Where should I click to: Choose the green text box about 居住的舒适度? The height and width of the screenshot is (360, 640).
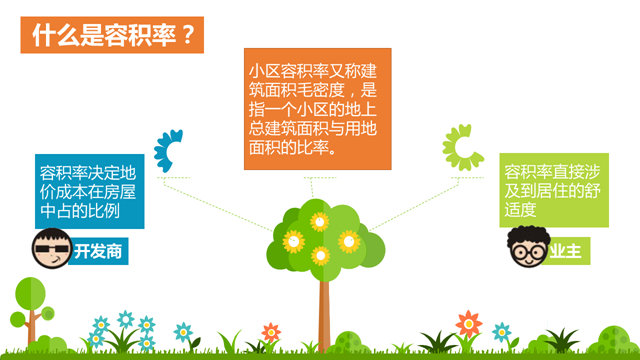(x=554, y=190)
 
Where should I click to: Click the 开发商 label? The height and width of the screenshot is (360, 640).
(x=99, y=251)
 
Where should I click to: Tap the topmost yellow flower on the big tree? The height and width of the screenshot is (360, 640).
(x=319, y=220)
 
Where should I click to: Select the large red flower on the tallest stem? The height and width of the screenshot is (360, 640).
(x=468, y=322)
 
